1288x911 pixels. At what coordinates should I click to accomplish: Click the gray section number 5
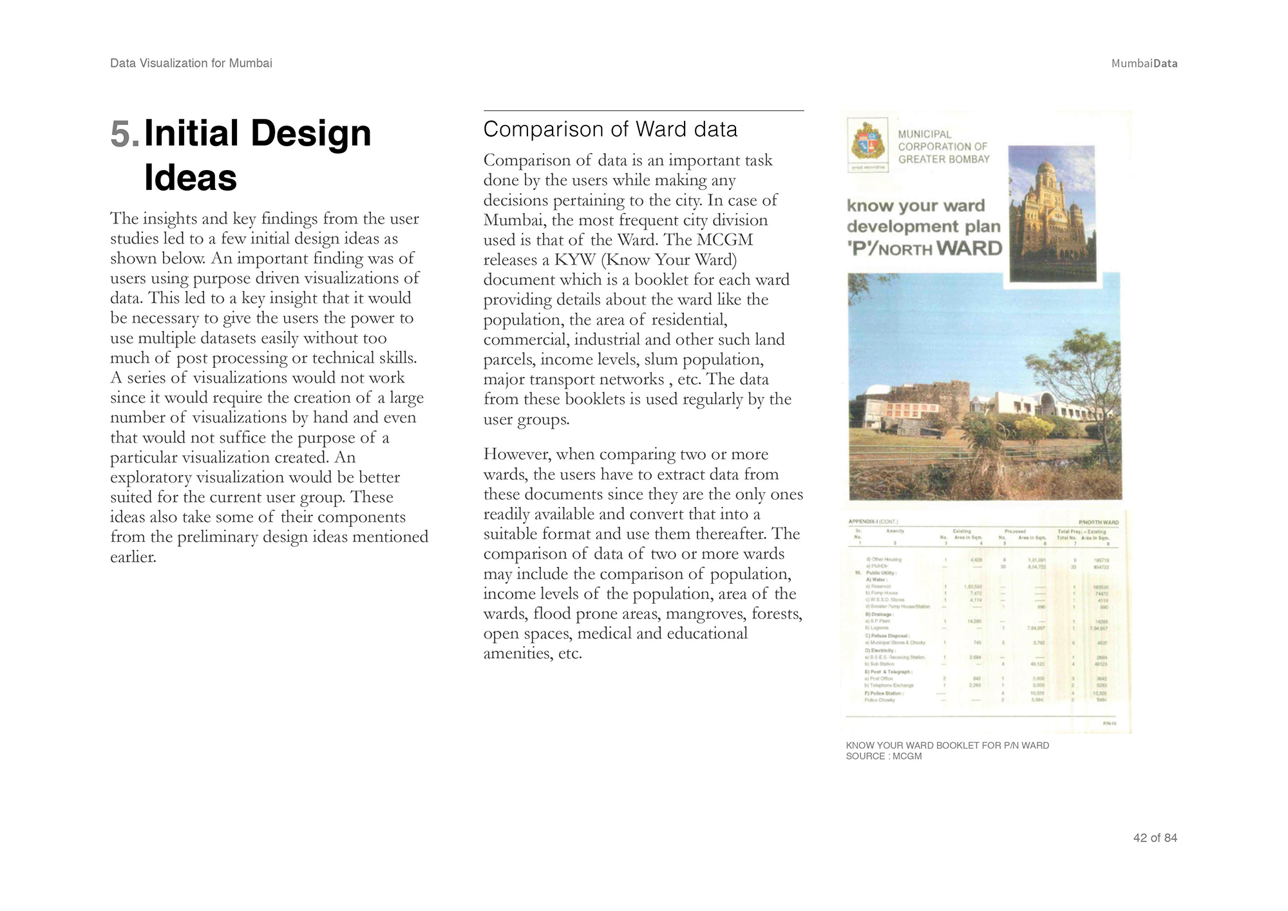(x=124, y=134)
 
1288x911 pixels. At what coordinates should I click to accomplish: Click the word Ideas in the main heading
(x=191, y=178)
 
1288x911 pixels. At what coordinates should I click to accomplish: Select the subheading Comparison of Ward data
(x=610, y=129)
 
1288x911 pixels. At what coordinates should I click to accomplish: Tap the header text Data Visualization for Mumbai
(x=191, y=63)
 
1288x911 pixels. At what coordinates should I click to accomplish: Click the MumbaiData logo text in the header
(x=1144, y=63)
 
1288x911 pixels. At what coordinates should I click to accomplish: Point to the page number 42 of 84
(x=1155, y=838)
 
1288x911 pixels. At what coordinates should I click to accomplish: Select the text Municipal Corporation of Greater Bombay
(x=943, y=147)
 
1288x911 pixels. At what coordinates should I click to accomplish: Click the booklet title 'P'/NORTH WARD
(x=924, y=249)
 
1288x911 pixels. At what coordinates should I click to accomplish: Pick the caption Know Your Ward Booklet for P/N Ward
(x=947, y=745)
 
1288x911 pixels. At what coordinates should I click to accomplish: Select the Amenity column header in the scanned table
(x=895, y=531)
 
